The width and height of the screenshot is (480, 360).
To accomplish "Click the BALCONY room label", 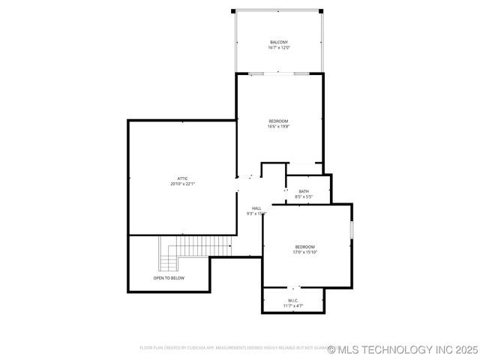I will coord(279,42).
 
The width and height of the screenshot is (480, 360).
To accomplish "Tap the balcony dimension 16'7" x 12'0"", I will coord(279,48).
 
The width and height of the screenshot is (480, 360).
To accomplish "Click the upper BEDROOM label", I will coord(278,121).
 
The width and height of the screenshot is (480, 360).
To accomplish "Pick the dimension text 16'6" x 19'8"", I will coord(278,127).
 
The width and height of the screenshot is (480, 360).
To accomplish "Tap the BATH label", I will coord(304,191).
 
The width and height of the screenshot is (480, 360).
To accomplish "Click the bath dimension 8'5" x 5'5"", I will coord(304,197).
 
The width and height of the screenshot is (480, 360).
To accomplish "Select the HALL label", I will coord(256,208).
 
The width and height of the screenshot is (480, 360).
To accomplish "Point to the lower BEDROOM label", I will coord(304,247).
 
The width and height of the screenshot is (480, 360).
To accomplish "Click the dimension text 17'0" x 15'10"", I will coord(304,253).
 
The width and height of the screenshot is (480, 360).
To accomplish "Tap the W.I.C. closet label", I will coord(293,300).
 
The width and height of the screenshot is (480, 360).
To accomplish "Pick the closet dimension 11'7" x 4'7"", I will coord(293,306).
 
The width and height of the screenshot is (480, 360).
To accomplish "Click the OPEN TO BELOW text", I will coord(169,278).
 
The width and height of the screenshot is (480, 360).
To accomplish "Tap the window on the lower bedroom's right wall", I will coord(351,229).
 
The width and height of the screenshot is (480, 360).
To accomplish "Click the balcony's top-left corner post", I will coord(233,10).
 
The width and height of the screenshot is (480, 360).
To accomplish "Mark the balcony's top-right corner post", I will coord(323,10).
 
